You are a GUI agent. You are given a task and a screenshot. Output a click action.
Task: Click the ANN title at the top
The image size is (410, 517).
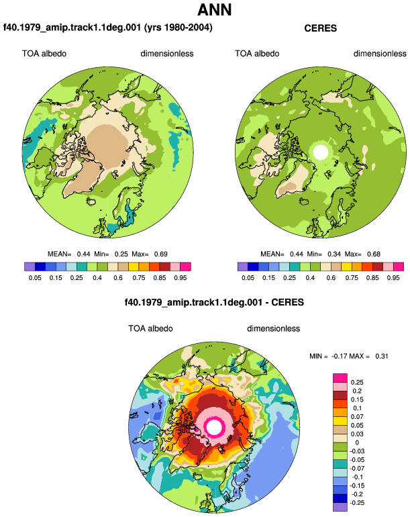tap(215, 10)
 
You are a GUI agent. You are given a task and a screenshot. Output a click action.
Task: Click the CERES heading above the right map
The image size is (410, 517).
tap(320, 28)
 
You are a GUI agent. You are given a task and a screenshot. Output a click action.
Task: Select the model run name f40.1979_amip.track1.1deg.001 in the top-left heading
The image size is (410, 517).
tap(72, 28)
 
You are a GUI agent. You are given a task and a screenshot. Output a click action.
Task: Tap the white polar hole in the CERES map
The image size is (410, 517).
tap(321, 152)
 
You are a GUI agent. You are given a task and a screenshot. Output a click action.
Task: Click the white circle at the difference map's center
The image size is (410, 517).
tap(214, 427)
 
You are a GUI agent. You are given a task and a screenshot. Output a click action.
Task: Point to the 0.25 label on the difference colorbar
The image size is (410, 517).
tap(357, 383)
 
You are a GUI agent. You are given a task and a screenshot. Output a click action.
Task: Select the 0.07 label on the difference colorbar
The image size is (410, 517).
tap(357, 417)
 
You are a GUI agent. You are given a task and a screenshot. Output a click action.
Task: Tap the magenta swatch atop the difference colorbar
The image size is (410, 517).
tap(340, 378)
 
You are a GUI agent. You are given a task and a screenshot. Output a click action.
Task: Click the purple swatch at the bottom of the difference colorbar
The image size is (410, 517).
tap(340, 507)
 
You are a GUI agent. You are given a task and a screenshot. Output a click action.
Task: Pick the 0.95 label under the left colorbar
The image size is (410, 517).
tap(181, 277)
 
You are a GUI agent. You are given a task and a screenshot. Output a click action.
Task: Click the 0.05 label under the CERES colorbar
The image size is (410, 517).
tap(248, 277)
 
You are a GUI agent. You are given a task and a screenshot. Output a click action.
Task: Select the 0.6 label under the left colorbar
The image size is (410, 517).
tap(118, 277)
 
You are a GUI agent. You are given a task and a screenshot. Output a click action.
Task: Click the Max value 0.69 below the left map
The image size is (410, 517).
tap(161, 254)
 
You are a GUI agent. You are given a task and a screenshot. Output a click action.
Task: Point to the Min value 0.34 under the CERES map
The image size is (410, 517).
tap(334, 254)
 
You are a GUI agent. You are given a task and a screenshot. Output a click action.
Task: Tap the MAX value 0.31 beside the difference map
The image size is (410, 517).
tap(382, 356)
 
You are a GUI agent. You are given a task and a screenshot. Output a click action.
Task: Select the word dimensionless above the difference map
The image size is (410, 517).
tap(274, 329)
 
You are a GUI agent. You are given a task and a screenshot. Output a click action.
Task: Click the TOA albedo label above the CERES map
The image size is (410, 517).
tap(257, 54)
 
